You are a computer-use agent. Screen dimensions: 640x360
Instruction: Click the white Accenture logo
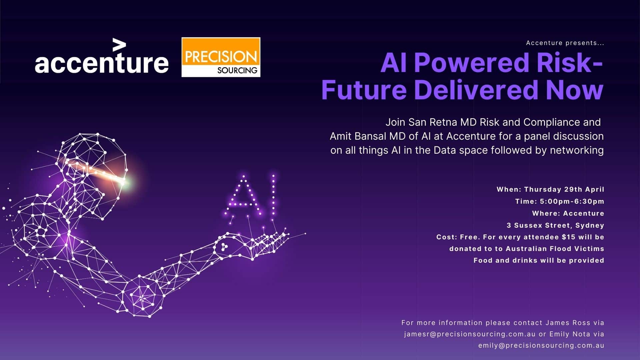(102, 56)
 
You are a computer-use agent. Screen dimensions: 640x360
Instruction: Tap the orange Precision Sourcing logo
(221, 57)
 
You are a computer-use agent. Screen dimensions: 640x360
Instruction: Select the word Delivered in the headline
(476, 90)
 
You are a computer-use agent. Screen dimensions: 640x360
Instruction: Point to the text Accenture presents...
(565, 43)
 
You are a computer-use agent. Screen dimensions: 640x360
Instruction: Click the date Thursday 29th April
(564, 189)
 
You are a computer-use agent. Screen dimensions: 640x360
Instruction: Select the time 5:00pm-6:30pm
(572, 201)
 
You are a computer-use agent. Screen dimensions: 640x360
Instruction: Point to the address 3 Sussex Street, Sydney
(555, 225)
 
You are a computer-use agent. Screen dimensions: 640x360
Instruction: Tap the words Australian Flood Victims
(555, 249)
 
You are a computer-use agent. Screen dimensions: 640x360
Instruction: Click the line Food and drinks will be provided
(539, 260)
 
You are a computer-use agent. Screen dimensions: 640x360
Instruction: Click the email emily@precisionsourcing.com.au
(541, 346)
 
